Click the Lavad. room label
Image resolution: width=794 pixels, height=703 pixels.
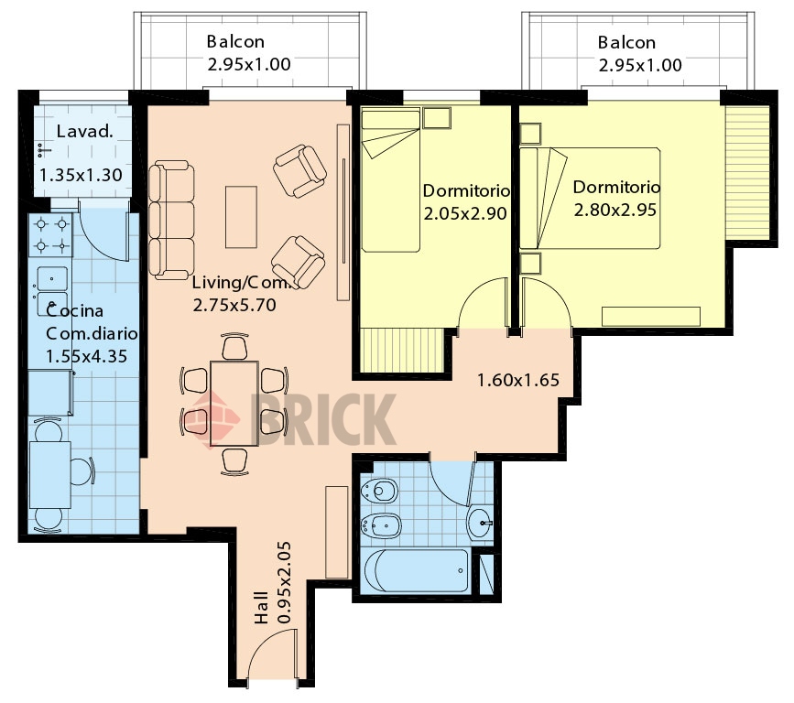click(x=84, y=132)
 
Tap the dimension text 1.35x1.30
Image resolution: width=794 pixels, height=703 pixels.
click(x=81, y=175)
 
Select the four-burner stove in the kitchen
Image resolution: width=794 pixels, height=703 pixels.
click(x=50, y=235)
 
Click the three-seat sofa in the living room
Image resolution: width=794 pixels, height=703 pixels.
click(x=171, y=221)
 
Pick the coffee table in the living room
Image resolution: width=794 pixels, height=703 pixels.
click(x=241, y=217)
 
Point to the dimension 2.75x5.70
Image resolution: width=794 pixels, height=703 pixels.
click(x=234, y=305)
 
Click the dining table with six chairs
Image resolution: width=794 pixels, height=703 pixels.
click(x=234, y=404)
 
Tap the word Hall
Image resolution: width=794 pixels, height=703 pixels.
click(x=261, y=608)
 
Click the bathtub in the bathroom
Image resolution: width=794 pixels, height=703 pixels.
click(x=417, y=571)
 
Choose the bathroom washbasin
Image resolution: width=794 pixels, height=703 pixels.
click(x=479, y=523)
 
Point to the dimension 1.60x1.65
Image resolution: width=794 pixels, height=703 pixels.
click(x=518, y=380)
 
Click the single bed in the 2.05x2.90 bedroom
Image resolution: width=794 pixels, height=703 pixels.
click(x=391, y=179)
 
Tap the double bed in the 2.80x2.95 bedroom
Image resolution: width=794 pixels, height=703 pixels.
click(x=591, y=198)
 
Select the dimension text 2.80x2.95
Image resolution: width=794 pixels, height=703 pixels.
click(x=615, y=210)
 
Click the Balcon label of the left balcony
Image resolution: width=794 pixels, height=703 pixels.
click(x=235, y=41)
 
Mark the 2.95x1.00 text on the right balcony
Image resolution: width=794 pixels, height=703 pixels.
click(x=640, y=65)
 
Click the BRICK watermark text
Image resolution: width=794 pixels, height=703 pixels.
click(x=323, y=420)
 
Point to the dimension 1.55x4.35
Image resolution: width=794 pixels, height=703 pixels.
click(x=86, y=356)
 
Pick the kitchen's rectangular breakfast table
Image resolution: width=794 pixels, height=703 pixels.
click(x=50, y=475)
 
